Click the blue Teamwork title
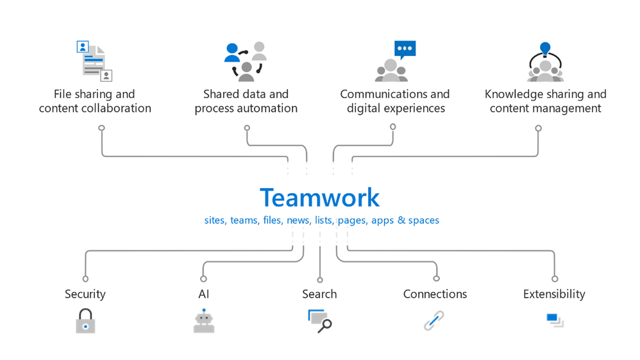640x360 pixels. click(319, 198)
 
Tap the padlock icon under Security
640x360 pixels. click(85, 321)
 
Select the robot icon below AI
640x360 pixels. click(204, 321)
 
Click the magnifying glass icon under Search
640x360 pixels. click(319, 321)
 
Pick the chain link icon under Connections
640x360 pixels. click(434, 320)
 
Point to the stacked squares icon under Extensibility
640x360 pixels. click(555, 320)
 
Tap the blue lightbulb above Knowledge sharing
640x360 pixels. click(545, 49)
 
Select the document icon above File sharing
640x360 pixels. click(94, 61)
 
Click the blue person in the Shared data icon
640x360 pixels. click(232, 53)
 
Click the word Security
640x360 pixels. click(85, 294)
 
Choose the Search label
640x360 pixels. click(319, 294)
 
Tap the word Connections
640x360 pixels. click(435, 294)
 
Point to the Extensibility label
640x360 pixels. click(554, 294)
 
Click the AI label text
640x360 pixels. click(204, 294)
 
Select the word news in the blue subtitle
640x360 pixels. click(298, 220)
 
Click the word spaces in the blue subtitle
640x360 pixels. click(424, 221)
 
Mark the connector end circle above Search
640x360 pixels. click(320, 280)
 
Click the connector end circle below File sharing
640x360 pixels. click(101, 128)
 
